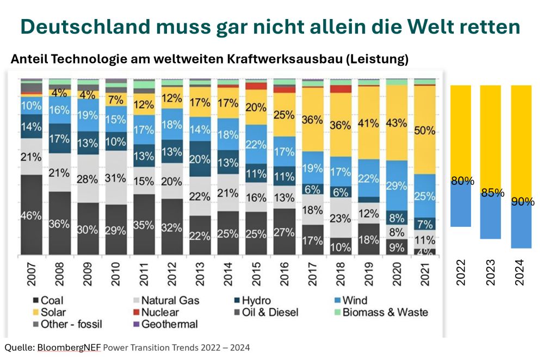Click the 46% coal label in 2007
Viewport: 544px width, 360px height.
click(32, 215)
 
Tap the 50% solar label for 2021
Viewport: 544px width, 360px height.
click(425, 131)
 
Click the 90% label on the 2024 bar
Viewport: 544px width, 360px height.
click(522, 202)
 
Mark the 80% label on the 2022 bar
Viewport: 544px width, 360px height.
click(462, 182)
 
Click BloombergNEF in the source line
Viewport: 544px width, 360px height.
click(68, 347)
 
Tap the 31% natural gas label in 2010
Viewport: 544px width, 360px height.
click(116, 177)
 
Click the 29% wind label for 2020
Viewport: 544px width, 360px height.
click(397, 185)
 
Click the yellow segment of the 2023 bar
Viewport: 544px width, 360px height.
click(493, 136)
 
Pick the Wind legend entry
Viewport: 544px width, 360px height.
click(348, 300)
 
